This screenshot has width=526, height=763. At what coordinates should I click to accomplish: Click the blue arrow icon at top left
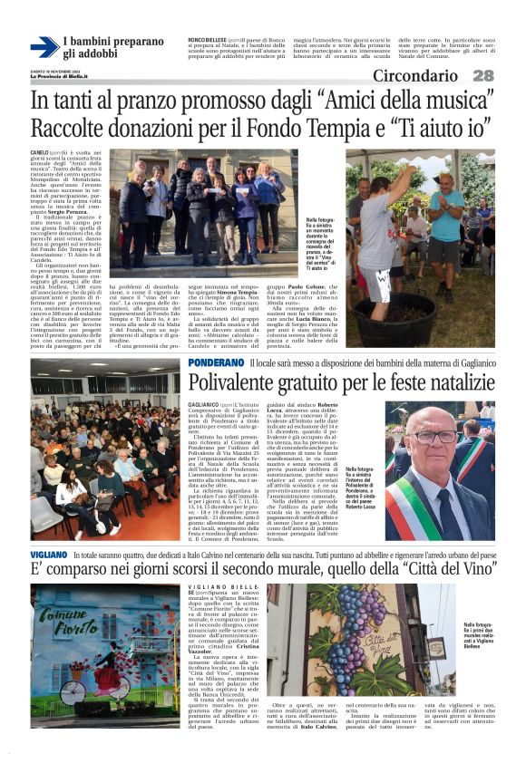point(43,47)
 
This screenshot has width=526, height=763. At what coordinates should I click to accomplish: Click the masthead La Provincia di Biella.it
point(69,76)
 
